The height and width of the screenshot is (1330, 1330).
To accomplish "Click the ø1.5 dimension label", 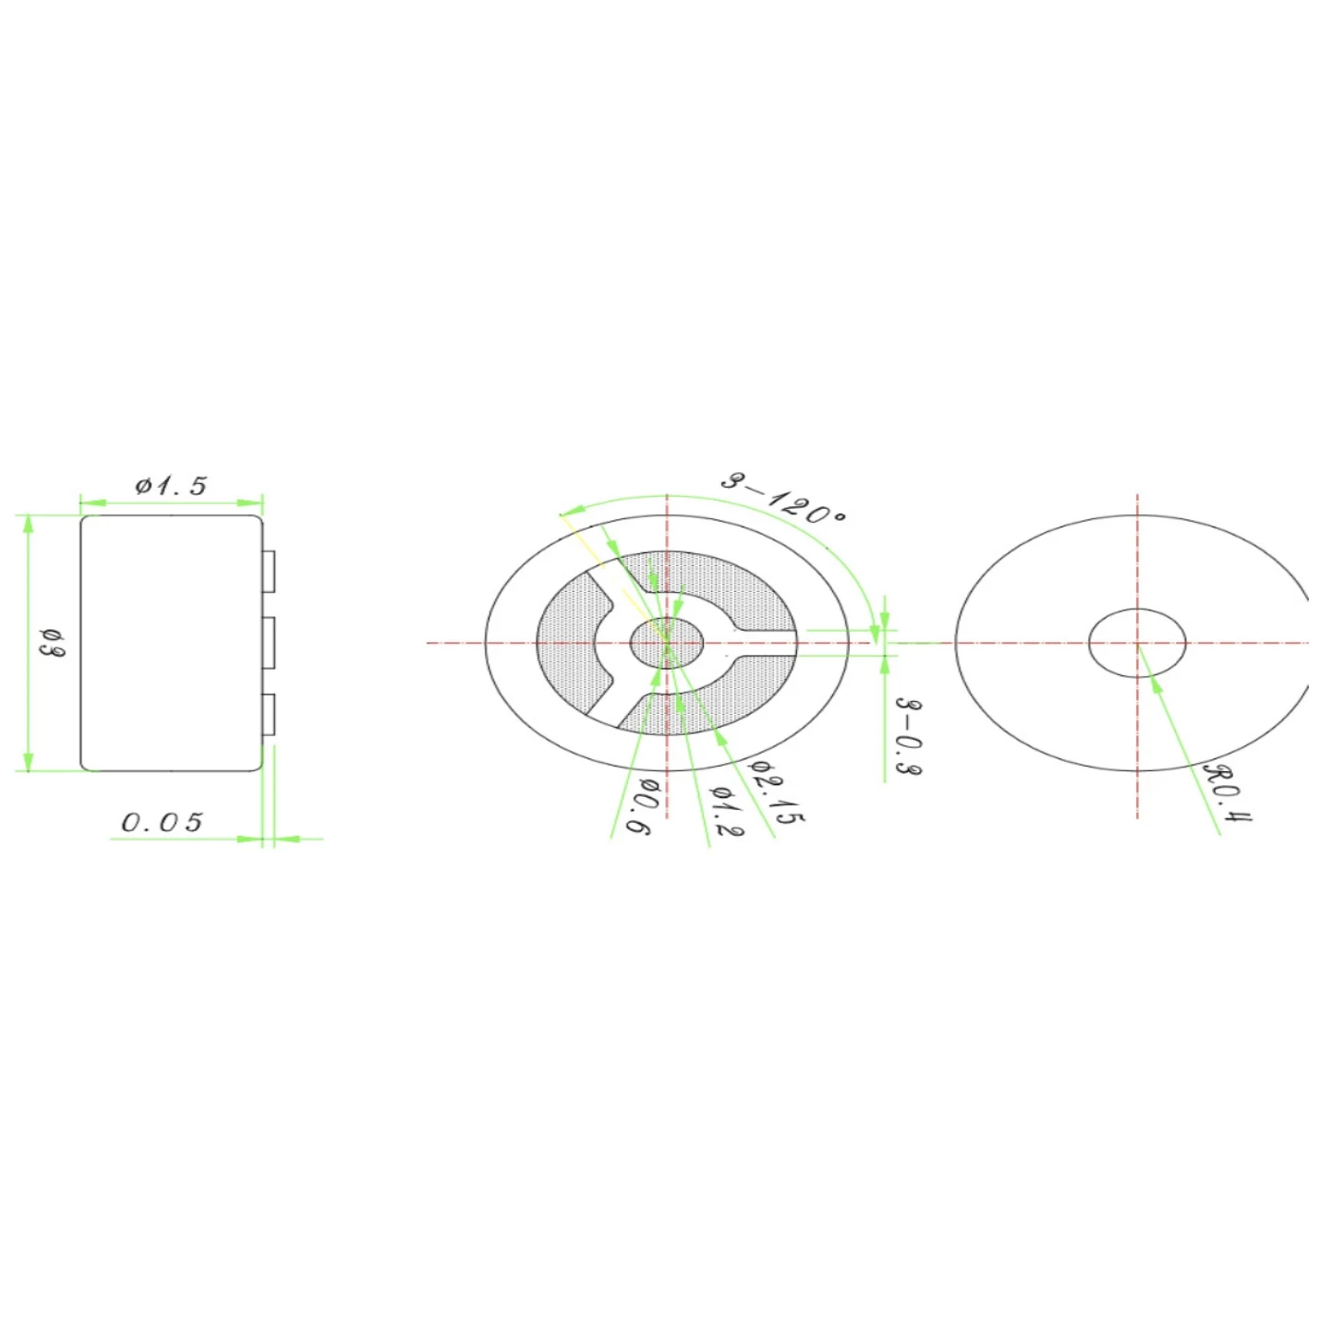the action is click(171, 486).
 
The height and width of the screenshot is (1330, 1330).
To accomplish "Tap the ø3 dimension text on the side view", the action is click(53, 642).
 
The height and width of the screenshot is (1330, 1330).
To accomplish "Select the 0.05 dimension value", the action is click(163, 822).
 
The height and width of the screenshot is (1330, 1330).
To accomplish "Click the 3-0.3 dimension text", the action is click(911, 735).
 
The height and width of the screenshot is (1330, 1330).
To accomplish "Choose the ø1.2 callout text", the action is click(726, 810).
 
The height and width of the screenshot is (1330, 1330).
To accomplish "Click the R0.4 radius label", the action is click(1228, 792).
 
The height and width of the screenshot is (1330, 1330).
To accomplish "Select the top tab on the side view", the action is click(269, 572).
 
